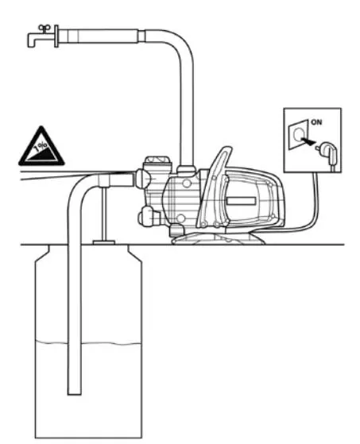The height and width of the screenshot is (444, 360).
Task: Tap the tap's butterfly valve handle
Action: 45,28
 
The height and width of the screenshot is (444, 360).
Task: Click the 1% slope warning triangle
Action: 41,147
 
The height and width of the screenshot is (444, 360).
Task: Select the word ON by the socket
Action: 316,122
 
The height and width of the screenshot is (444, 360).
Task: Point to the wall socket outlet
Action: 298,135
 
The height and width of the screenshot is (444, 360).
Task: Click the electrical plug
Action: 328,153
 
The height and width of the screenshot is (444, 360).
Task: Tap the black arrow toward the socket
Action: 308,141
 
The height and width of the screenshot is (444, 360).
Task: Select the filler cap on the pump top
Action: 157,164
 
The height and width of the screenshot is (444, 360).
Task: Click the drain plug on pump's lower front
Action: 147,217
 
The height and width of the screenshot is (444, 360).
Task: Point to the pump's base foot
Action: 218,238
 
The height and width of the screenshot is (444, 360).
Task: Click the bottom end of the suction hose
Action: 75,392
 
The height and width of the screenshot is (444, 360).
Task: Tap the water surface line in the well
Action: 87,343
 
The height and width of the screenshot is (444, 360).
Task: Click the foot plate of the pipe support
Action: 104,242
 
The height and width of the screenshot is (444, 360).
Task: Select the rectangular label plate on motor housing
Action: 241,201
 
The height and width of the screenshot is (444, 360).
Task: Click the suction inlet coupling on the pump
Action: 141,180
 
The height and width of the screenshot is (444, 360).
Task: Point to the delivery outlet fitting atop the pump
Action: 186,170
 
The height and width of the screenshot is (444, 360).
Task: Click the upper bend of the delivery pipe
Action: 176,45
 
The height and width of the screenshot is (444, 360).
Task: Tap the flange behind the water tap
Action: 56,37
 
